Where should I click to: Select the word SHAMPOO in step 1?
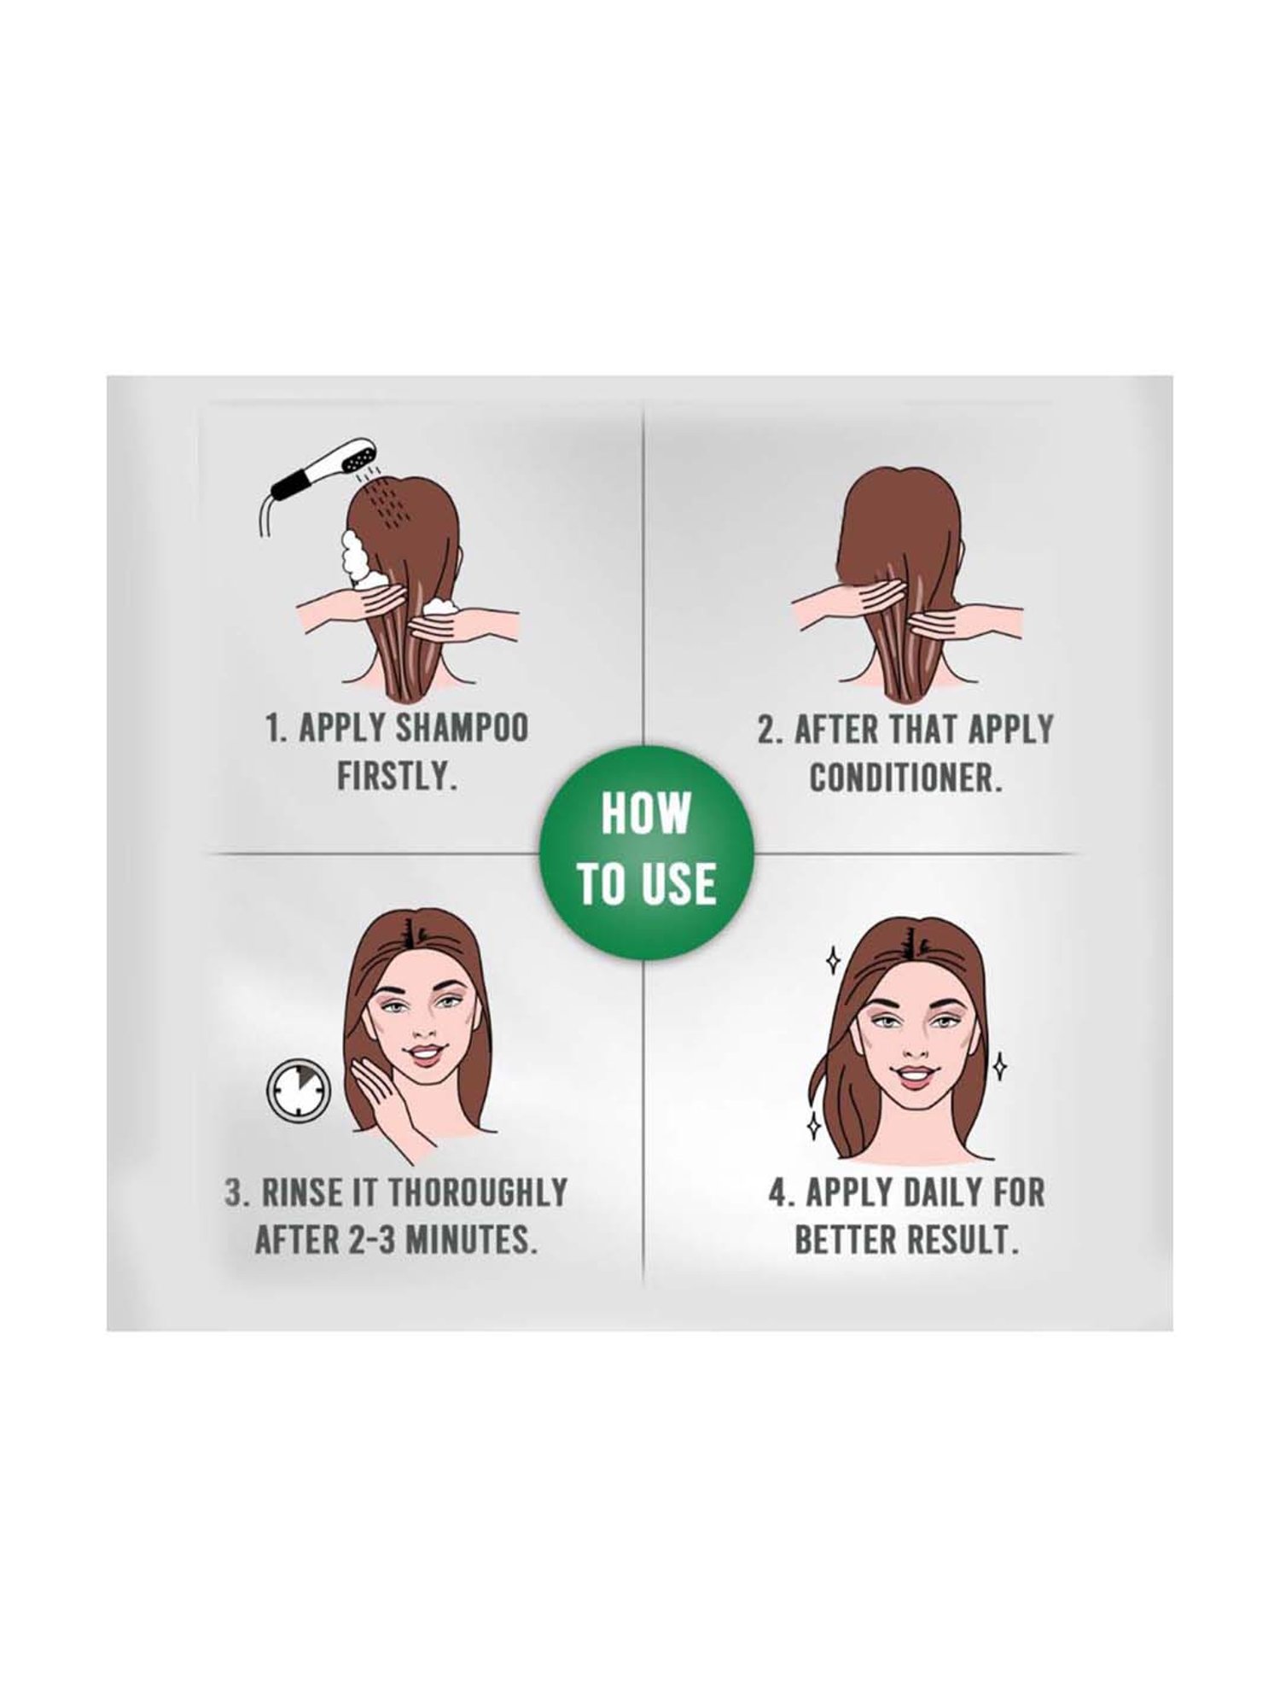464,729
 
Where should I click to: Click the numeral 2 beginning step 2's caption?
765,730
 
